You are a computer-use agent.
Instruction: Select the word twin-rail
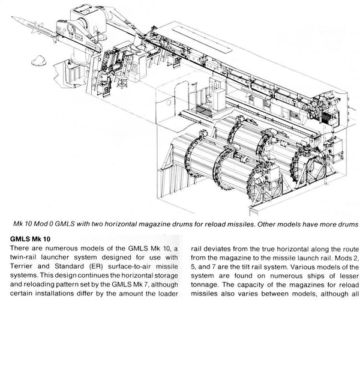25,246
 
